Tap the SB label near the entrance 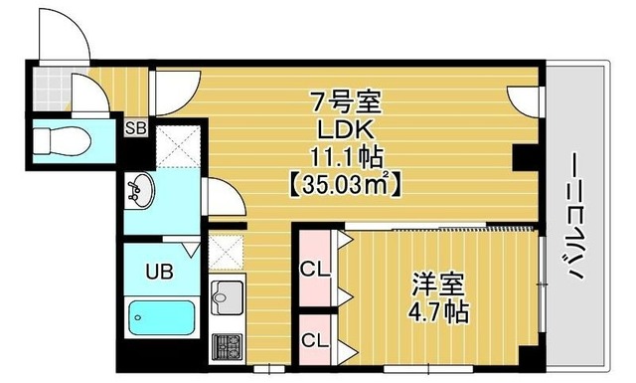click(x=134, y=127)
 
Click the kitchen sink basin click(x=228, y=295)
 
